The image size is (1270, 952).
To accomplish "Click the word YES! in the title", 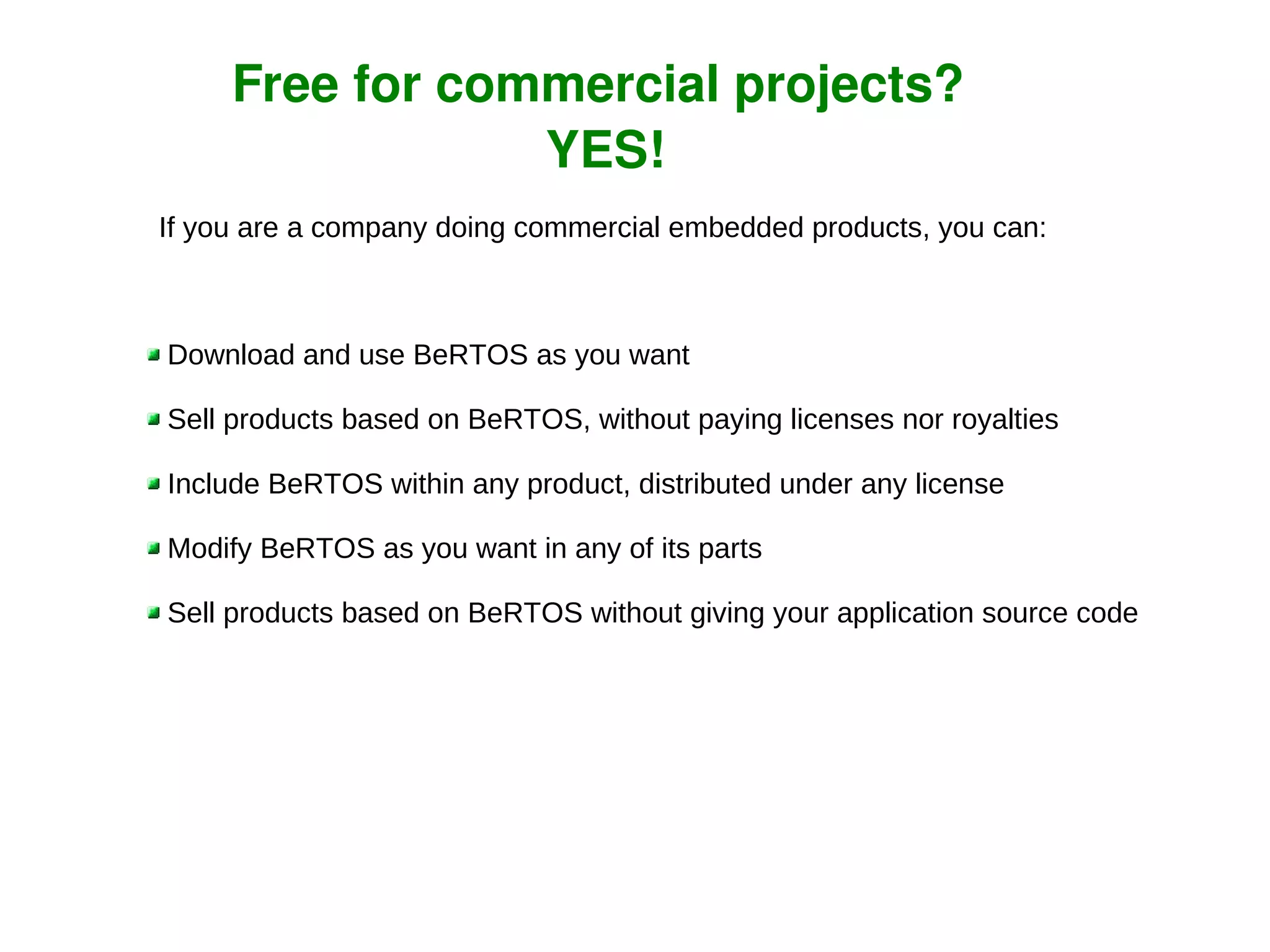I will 606,150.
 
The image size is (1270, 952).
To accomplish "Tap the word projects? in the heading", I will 848,86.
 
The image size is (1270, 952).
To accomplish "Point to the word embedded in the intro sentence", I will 736,227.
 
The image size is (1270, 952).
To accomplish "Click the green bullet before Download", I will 154,355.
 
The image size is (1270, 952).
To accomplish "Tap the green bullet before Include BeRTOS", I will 154,484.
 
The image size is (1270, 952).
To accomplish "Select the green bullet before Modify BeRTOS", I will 154,548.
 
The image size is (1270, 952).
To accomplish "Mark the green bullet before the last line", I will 154,613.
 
